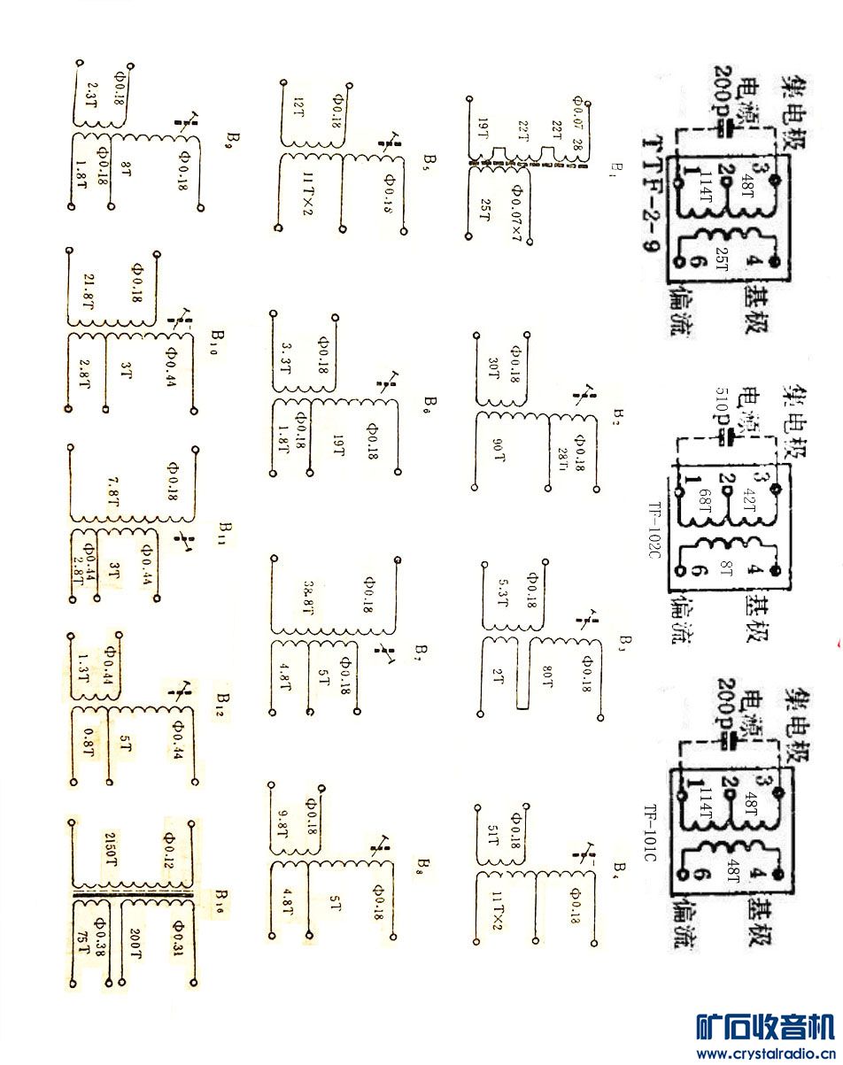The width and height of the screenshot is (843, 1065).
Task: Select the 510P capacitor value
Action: coord(723,416)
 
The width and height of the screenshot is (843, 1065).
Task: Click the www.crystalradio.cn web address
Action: coord(767,1053)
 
